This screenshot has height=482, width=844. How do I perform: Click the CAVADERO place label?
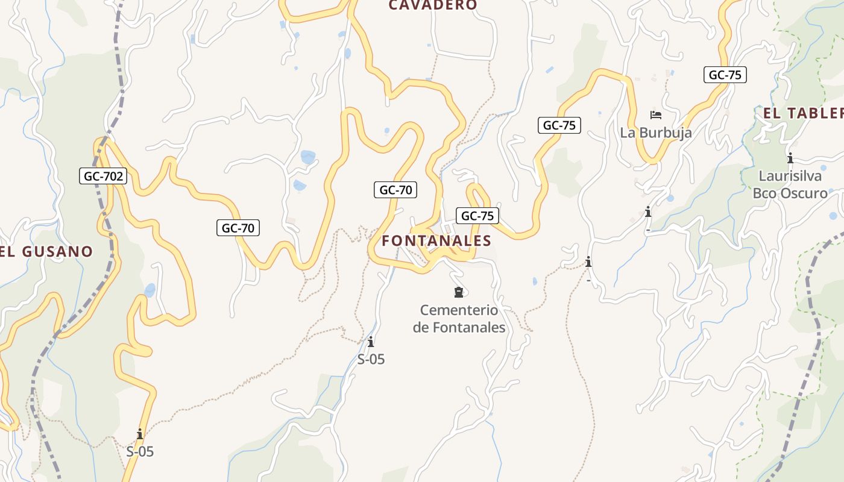click(x=432, y=5)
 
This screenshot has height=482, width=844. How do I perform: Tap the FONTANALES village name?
click(x=436, y=241)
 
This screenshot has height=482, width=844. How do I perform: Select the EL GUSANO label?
click(x=47, y=252)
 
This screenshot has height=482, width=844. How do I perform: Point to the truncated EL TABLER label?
click(x=803, y=113)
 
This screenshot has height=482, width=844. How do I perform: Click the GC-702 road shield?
click(x=104, y=177)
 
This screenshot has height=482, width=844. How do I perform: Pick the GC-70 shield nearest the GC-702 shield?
click(x=238, y=228)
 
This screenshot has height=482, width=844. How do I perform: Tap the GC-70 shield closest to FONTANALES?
click(x=395, y=190)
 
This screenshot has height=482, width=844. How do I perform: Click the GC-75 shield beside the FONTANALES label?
click(x=477, y=216)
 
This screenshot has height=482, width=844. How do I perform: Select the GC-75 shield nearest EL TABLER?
click(x=725, y=75)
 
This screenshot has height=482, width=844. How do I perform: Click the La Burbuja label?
click(x=656, y=133)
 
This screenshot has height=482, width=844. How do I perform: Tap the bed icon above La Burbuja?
click(x=656, y=114)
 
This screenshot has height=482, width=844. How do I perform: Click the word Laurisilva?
click(x=790, y=177)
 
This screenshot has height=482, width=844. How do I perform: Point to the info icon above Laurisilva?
click(x=790, y=158)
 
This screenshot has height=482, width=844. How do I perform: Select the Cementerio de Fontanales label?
click(x=459, y=319)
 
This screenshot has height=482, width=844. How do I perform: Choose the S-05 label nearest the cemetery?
click(x=371, y=360)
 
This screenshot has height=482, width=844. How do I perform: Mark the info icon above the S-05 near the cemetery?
click(x=371, y=342)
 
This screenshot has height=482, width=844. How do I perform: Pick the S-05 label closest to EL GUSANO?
click(x=140, y=451)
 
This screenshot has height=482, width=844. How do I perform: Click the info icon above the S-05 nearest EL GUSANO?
click(x=140, y=434)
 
